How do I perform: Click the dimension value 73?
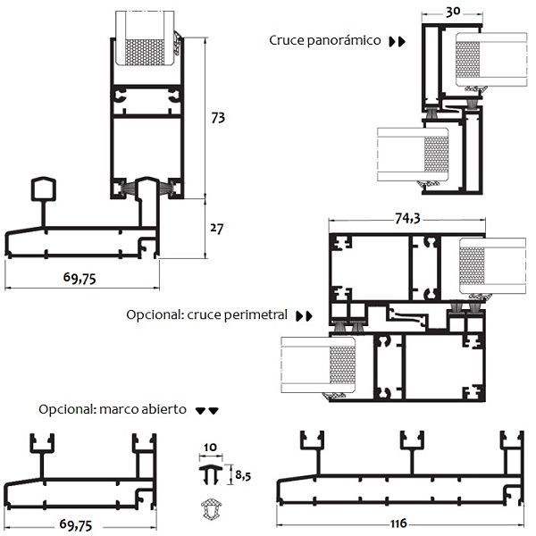pos(218,118)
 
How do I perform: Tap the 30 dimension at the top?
pos(452,12)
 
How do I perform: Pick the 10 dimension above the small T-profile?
pos(210,447)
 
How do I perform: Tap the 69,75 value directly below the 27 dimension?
pos(80,278)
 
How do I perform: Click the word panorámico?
pos(346,40)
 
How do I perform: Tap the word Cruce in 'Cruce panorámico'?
pos(288,40)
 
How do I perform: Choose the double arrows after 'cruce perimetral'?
pos(305,316)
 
